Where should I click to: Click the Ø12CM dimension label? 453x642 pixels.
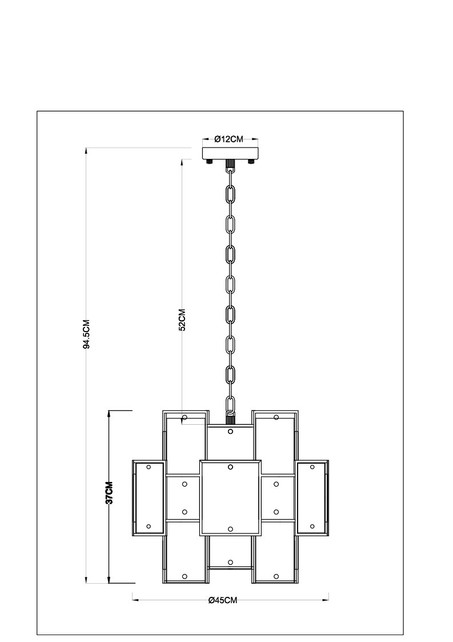[228, 139]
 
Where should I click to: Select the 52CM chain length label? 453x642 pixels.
[182, 320]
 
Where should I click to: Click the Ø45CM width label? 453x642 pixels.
[223, 600]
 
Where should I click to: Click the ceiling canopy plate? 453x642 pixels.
[230, 153]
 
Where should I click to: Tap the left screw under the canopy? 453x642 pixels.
[210, 162]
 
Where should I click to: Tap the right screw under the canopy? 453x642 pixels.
[251, 162]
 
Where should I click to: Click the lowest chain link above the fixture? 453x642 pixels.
[231, 405]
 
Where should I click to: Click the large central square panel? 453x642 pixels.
[230, 497]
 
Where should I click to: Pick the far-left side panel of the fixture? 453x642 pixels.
[149, 497]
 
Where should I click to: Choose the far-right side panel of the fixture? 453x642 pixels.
[312, 497]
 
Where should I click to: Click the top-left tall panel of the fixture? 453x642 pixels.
[185, 442]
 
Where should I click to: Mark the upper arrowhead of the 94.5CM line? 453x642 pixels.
[86, 150]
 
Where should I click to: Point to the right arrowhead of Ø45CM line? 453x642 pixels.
[326, 600]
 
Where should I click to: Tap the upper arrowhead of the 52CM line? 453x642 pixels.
[182, 162]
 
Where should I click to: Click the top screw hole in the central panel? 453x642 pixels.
[230, 466]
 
